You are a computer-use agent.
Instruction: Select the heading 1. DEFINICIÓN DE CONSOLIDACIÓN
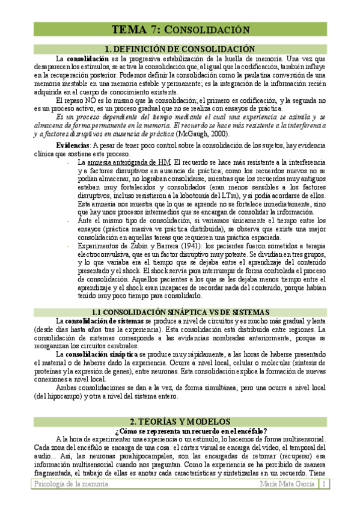(x=180, y=49)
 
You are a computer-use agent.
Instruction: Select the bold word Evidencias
(x=72, y=146)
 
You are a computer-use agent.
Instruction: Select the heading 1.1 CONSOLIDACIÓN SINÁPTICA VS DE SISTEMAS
(x=180, y=312)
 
